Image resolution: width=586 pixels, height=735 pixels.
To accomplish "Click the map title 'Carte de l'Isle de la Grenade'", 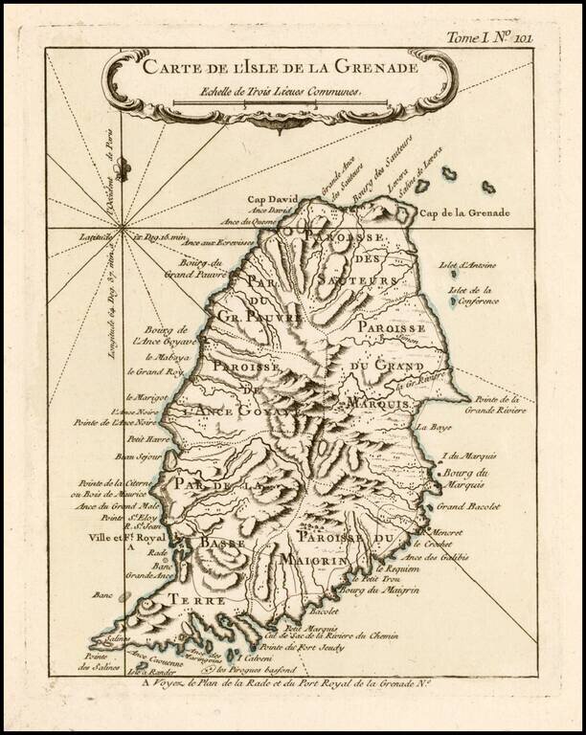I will pos(280,67).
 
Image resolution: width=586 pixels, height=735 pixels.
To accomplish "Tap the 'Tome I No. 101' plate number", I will pos(515,38).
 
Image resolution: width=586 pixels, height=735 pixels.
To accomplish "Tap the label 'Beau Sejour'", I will pos(139,457).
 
